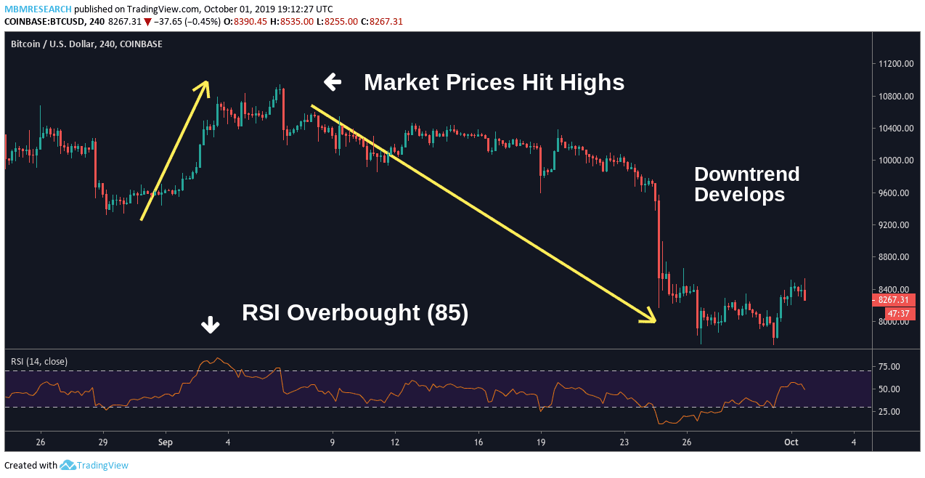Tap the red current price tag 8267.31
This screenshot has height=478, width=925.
893,299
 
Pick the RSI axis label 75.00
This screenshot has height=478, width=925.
889,367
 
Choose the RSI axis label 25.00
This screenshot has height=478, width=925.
889,412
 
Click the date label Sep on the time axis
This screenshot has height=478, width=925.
165,442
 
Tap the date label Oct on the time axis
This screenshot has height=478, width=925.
791,442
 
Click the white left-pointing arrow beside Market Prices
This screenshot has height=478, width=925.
333,82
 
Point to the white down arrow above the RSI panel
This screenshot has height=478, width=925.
211,325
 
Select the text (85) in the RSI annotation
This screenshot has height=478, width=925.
447,312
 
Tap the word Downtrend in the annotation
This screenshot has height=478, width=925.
746,174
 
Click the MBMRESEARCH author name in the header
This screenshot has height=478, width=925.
38,9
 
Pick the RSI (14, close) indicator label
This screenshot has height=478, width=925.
39,361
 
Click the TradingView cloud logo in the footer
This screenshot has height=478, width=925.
68,465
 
